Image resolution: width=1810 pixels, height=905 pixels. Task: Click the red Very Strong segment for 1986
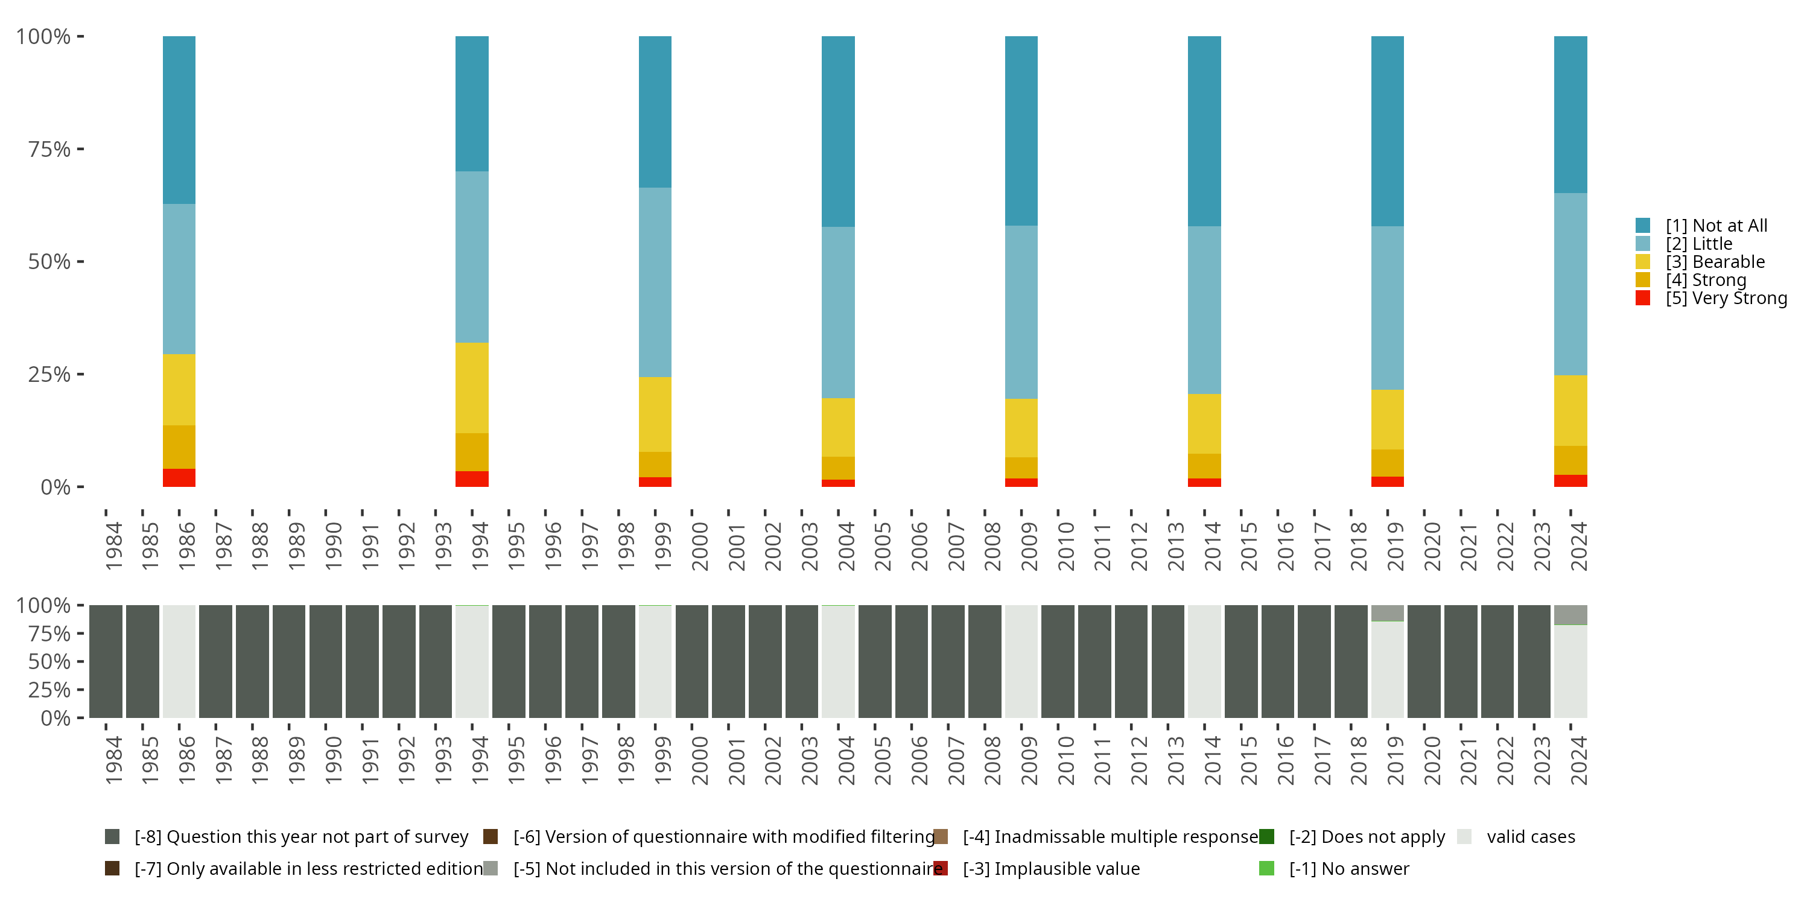(x=179, y=477)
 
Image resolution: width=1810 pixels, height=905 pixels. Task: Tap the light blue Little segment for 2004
(x=837, y=312)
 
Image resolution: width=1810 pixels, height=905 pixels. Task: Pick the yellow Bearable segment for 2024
(x=1570, y=410)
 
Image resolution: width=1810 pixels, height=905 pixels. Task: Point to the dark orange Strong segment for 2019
(x=1387, y=463)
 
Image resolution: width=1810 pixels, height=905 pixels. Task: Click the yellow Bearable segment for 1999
(x=655, y=414)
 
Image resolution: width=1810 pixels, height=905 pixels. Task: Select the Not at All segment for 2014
(x=1204, y=131)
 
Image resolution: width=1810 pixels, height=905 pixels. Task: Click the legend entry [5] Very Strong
(x=1725, y=298)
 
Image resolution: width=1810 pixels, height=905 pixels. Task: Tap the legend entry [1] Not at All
(x=1715, y=226)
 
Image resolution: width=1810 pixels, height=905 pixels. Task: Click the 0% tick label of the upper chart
(x=56, y=487)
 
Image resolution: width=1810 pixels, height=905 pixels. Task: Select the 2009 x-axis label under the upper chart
(x=1029, y=547)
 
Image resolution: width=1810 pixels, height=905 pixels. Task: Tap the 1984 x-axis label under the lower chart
(x=114, y=760)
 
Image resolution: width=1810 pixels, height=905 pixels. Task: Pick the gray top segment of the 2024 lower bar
(x=1570, y=615)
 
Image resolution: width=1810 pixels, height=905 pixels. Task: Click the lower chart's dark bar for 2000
(x=691, y=661)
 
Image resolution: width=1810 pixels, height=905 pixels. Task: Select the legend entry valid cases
(x=1529, y=837)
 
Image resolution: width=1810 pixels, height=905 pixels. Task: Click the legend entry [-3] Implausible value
(x=1050, y=868)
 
